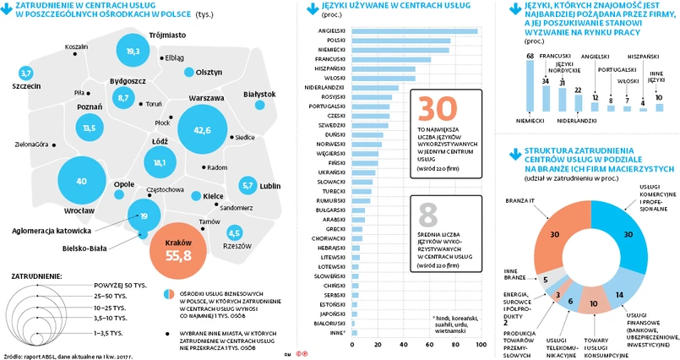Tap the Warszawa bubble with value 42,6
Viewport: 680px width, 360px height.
202,130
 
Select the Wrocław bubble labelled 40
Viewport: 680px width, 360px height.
82,181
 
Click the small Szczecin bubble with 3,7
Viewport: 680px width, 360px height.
25,74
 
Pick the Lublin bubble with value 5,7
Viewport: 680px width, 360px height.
248,184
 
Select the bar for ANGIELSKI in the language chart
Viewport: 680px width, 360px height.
414,31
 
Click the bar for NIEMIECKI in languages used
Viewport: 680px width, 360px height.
400,50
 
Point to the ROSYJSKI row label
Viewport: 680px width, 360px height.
326,96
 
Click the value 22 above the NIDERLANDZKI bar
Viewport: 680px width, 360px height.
578,90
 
